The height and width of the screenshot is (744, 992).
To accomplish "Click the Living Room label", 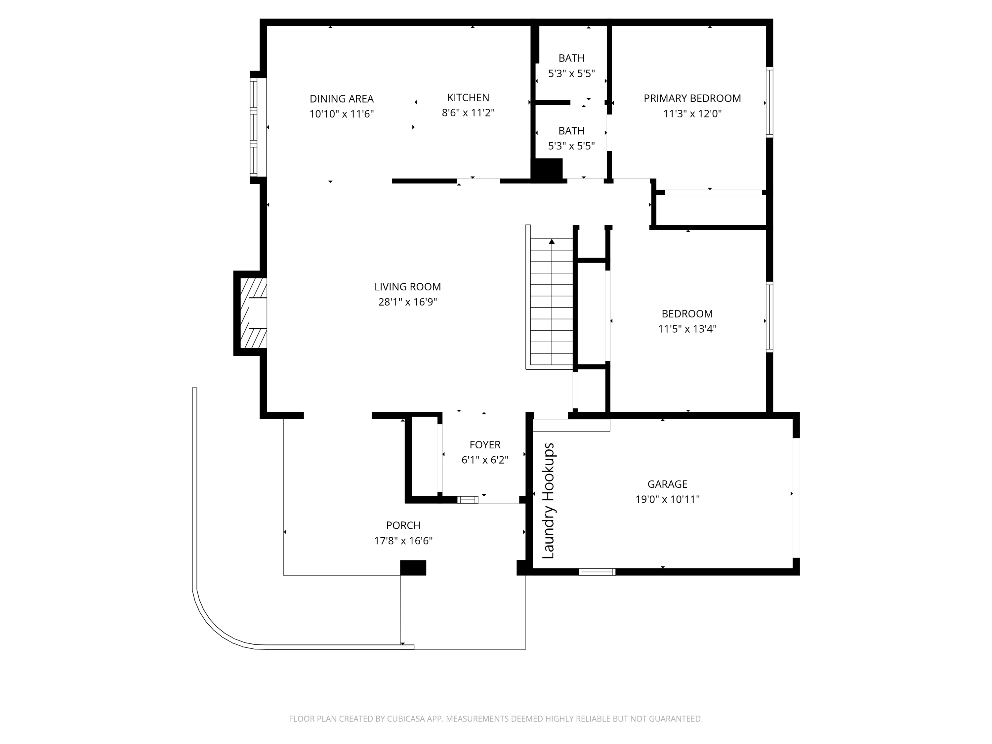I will point(407,287).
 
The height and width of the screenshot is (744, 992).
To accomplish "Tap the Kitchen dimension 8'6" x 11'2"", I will point(468,112).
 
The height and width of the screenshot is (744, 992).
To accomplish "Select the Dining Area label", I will point(341,99).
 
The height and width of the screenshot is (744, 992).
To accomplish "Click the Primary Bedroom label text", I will point(692,98).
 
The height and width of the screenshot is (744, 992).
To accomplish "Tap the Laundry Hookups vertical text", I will point(549,501).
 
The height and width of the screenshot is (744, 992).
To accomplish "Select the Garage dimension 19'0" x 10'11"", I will point(667,499).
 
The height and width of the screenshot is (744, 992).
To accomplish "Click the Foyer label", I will point(485,444).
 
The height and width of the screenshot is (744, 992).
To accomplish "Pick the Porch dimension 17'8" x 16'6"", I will point(403,540).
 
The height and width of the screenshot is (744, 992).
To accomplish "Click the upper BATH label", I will point(571,58).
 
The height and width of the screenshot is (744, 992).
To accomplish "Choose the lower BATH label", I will point(571,131).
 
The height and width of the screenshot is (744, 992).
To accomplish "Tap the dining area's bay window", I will point(254,127).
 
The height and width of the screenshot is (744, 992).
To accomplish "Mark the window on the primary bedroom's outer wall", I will point(769,102).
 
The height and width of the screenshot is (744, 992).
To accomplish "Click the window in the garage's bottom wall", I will point(597,571).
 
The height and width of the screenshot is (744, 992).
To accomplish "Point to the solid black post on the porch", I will point(413,567).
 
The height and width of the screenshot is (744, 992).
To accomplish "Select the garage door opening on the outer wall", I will point(796,497).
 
